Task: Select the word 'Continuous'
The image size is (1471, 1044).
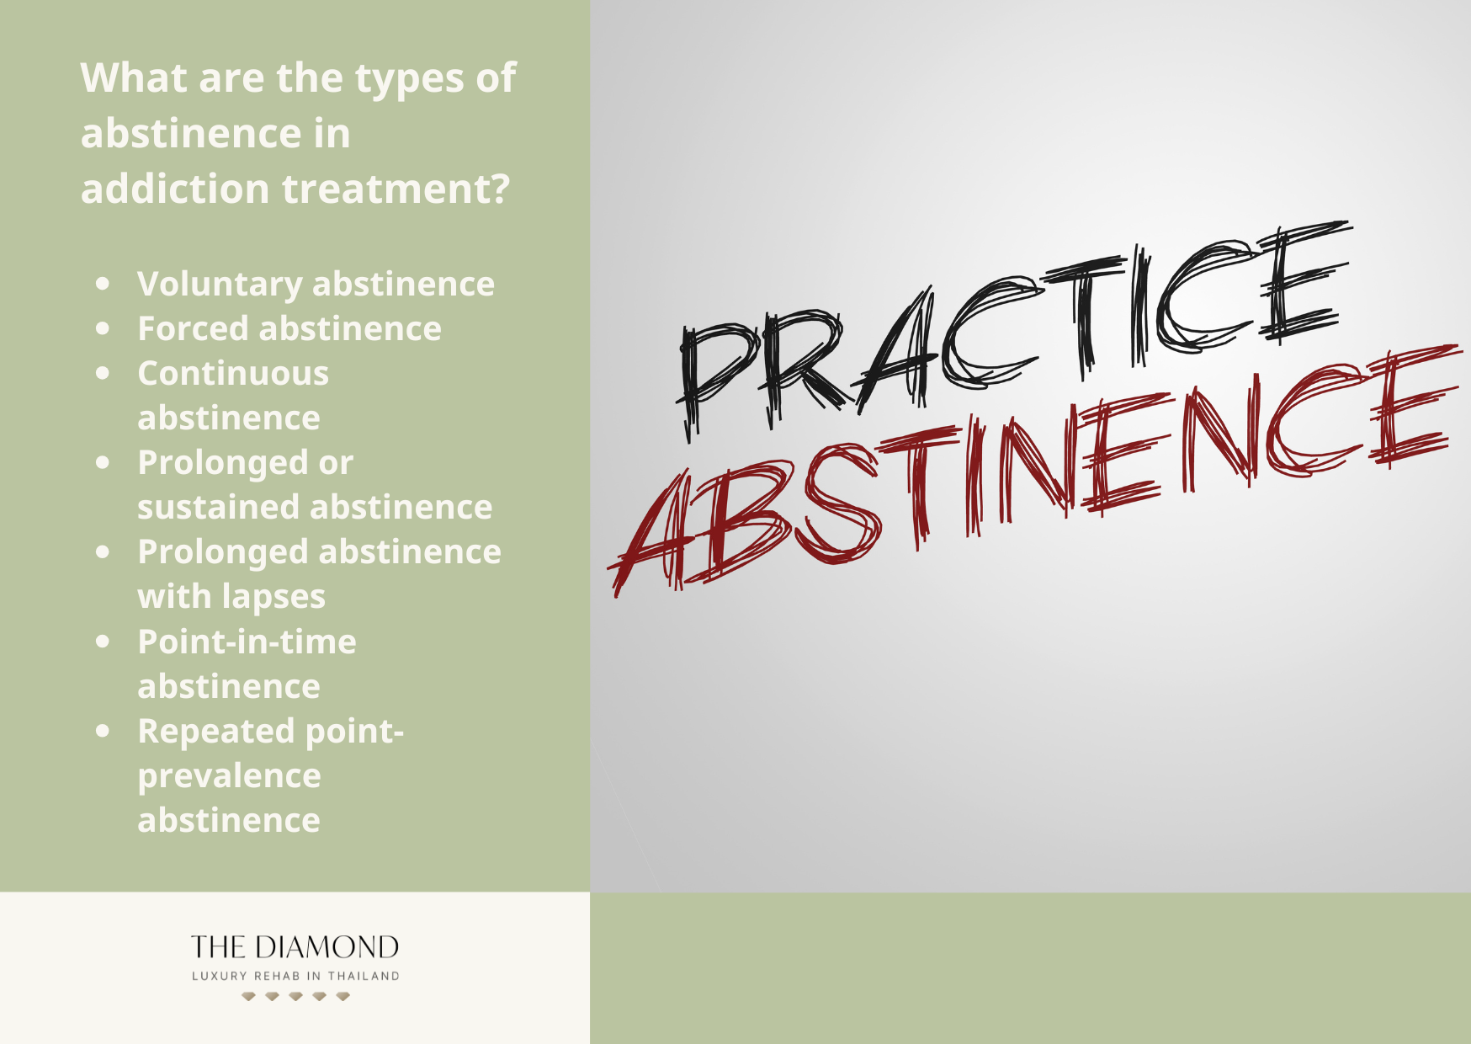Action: point(233,374)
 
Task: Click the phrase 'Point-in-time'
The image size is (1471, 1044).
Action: point(247,642)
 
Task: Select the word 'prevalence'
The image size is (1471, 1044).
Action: point(229,776)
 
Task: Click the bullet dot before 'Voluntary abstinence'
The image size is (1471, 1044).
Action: point(103,284)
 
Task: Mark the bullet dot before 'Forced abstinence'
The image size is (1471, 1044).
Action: point(103,328)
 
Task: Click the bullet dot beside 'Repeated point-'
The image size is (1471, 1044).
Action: point(103,731)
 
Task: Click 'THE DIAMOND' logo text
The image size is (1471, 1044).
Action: point(295,947)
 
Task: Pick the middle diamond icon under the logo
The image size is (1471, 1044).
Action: point(295,996)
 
